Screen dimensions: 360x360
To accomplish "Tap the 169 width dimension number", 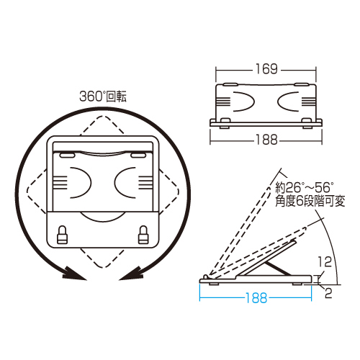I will click(x=266, y=70).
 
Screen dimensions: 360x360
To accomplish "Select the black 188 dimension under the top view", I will click(x=266, y=140).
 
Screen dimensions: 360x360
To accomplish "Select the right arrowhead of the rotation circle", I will click(x=130, y=274).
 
